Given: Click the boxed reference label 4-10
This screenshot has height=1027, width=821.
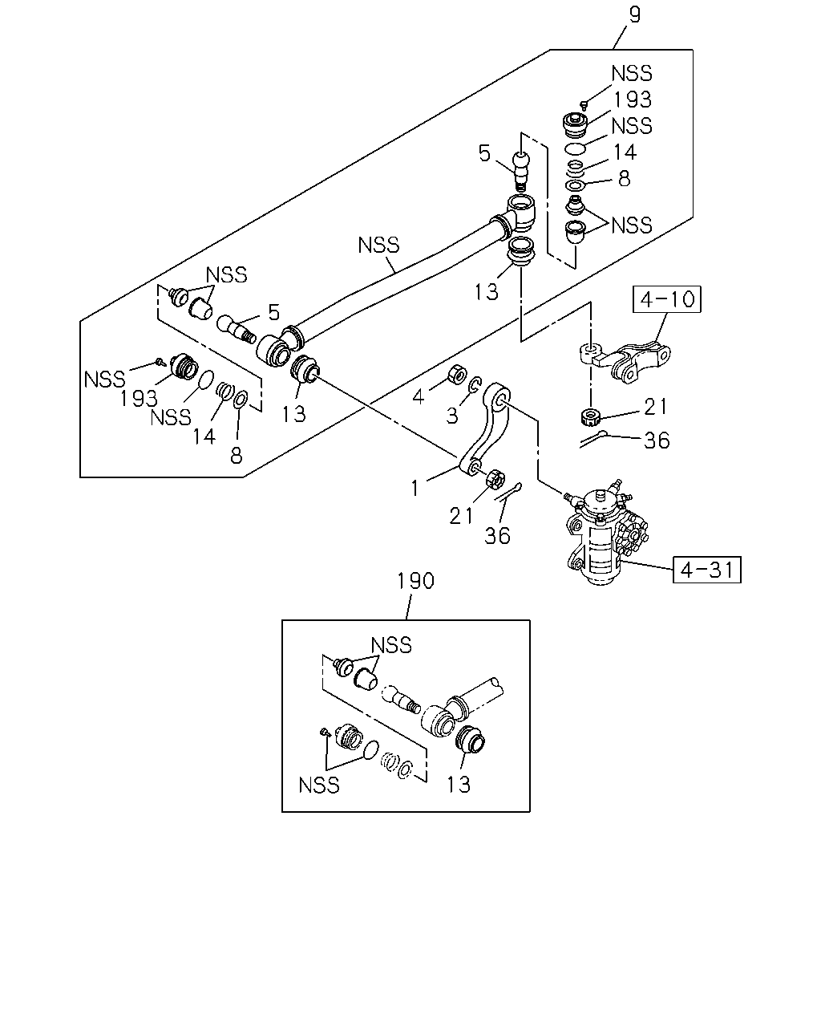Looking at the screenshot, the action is [666, 299].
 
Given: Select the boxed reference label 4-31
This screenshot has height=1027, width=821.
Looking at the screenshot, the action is [706, 570].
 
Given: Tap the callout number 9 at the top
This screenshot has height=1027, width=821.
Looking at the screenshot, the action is [634, 14].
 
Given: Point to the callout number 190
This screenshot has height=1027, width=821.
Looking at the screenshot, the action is [415, 581].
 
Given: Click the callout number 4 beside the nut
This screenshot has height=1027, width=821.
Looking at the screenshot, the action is [419, 397].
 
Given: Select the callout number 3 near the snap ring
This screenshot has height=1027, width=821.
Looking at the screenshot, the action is [451, 416].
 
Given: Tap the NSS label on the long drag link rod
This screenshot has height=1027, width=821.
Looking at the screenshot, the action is [378, 246].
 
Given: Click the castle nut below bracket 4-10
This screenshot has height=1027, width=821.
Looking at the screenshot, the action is [591, 417].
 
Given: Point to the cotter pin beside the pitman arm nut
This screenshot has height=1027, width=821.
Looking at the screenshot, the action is [508, 492].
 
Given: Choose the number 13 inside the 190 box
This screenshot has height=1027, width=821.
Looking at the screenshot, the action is [459, 785].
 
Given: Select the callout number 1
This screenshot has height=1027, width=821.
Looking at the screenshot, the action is [415, 489].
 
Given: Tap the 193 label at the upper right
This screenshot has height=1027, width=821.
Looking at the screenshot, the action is [633, 99].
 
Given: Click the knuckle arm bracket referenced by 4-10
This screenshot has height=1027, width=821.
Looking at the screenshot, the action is [625, 361].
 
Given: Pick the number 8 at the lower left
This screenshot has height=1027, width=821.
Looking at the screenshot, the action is [237, 456].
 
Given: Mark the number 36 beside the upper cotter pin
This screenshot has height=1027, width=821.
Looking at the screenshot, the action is [657, 441].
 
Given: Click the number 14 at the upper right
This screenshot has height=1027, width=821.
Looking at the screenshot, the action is [625, 152].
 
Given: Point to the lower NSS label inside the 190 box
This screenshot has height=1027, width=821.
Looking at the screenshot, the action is [319, 785].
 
